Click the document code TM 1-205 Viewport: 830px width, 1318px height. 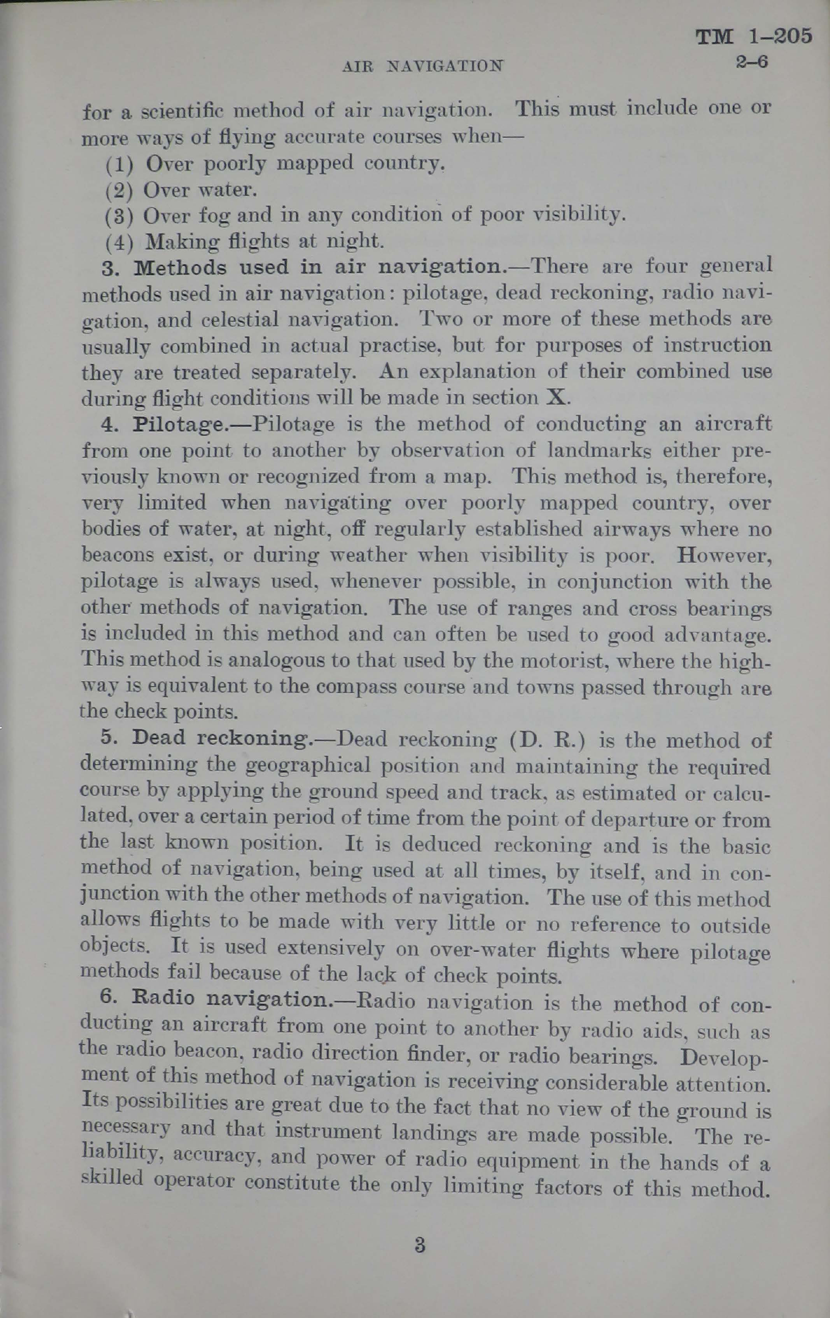pyautogui.click(x=753, y=37)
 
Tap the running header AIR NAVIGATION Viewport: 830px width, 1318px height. pyautogui.click(x=422, y=66)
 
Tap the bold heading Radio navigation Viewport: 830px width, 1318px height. pyautogui.click(x=230, y=999)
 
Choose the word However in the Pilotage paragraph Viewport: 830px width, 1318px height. pyautogui.click(x=724, y=556)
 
